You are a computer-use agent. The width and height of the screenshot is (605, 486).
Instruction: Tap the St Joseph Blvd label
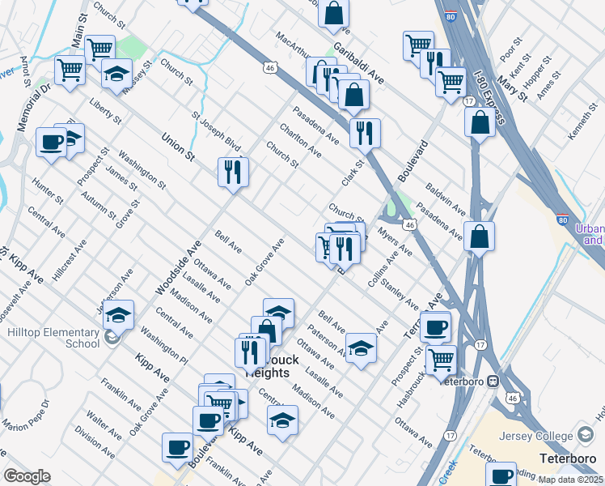click(x=217, y=130)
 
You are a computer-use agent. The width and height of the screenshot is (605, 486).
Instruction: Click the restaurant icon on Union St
click(x=232, y=172)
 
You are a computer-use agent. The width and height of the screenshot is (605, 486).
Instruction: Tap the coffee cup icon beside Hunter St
click(x=52, y=143)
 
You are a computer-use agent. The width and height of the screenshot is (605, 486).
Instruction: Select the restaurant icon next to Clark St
click(x=365, y=132)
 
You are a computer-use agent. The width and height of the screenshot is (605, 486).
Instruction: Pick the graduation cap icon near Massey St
click(x=117, y=74)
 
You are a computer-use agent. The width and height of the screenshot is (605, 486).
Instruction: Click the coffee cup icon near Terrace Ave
click(x=435, y=326)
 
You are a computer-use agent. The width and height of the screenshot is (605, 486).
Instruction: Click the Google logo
click(x=27, y=476)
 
